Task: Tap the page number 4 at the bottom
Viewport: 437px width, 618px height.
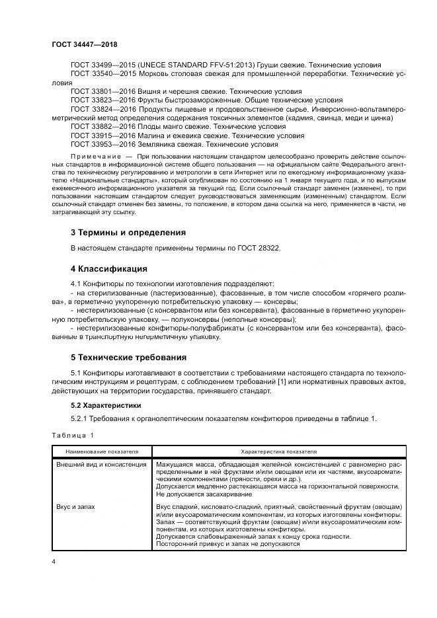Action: (x=53, y=562)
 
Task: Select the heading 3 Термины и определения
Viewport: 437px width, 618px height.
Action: (x=128, y=232)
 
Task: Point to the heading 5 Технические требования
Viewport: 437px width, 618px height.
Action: (x=129, y=357)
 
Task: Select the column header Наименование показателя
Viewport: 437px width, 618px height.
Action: (x=101, y=450)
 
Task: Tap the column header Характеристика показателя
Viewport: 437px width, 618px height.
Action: (x=278, y=450)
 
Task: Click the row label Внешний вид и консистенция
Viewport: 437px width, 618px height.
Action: (x=102, y=464)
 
